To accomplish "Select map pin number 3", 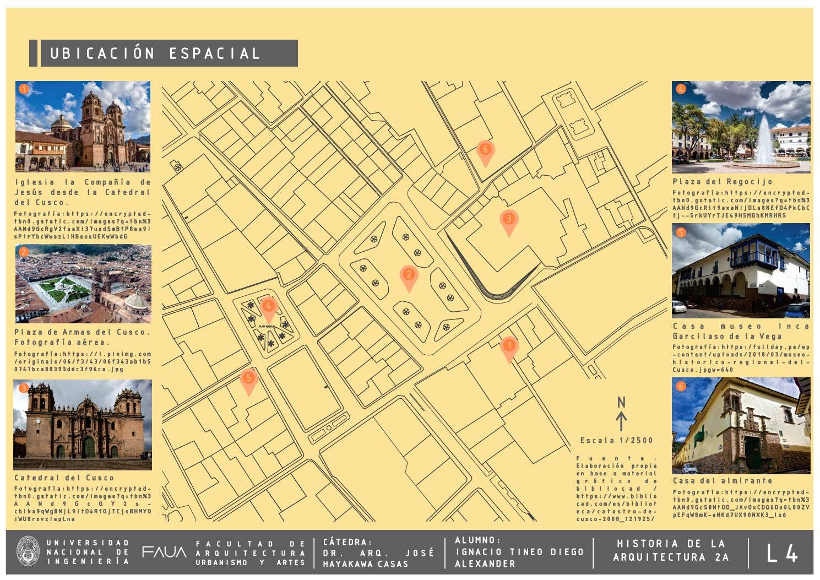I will click(x=509, y=220).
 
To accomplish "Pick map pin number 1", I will click(x=509, y=347).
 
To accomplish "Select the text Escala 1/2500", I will click(x=616, y=441).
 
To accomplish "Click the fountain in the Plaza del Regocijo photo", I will click(x=765, y=143).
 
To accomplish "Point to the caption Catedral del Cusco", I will click(x=64, y=478).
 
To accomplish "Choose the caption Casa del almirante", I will click(x=723, y=481).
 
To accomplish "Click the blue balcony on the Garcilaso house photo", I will click(x=757, y=256).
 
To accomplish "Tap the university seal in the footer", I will click(x=28, y=551).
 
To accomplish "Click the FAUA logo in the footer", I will click(x=164, y=552).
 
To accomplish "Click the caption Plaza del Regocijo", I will click(x=723, y=182).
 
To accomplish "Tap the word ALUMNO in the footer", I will click(x=477, y=540).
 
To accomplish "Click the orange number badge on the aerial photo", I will click(x=23, y=252).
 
